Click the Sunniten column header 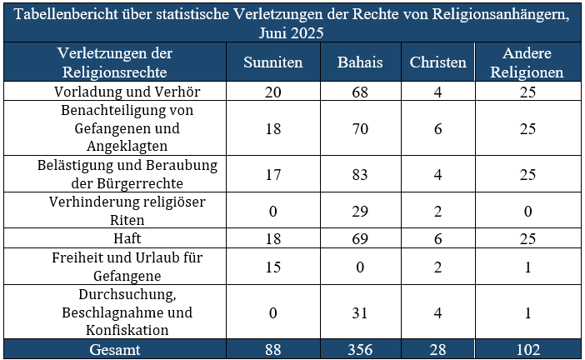(272, 62)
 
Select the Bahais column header (360, 62)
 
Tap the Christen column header (438, 62)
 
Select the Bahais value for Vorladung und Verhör (360, 91)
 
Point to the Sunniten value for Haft (272, 238)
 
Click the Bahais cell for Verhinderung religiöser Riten (360, 212)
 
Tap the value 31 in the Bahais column (360, 312)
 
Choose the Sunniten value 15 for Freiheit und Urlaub (272, 266)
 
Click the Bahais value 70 (360, 129)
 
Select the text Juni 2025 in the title (292, 33)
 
